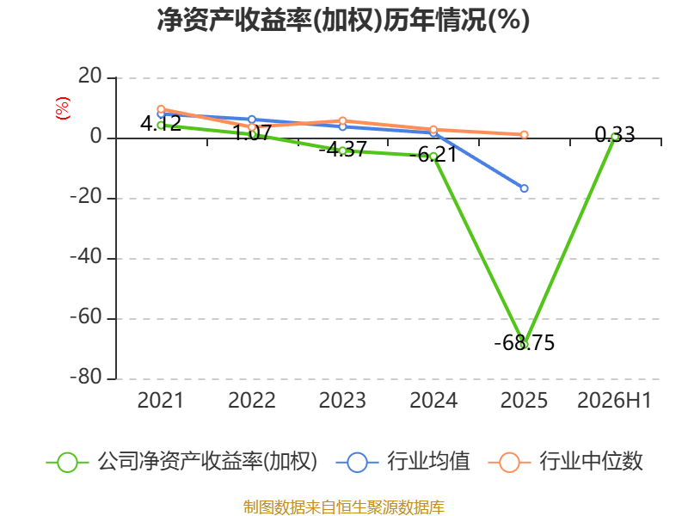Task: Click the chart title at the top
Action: pos(343,20)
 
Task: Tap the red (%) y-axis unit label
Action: pos(62,108)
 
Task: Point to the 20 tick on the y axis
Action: pos(90,77)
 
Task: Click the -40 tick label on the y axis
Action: pos(86,256)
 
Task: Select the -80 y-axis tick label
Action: pos(86,377)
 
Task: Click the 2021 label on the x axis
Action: pos(160,400)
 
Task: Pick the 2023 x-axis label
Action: pos(342,400)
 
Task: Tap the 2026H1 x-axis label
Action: pos(614,400)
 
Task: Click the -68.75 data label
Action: pos(524,342)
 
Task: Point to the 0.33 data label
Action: pos(615,135)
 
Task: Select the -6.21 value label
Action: pos(433,155)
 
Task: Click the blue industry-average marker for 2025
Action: pos(524,188)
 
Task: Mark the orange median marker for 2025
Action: pos(524,135)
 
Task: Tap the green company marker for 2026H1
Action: pos(615,137)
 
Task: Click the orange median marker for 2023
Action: pos(342,120)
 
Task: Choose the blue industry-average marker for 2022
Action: pos(251,120)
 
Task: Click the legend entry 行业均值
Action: pos(402,462)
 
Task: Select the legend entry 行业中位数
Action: pos(565,462)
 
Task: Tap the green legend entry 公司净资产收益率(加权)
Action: pos(181,462)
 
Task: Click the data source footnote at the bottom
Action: pos(343,507)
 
